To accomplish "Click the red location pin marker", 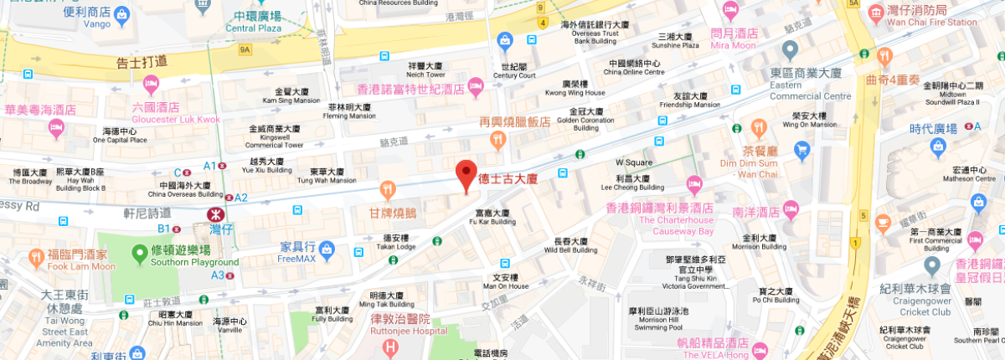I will [x=466, y=174].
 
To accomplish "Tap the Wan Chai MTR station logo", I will [x=214, y=214].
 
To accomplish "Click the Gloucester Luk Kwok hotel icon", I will [x=151, y=84].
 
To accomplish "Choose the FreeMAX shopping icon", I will [x=327, y=248].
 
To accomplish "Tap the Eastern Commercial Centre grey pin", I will [x=790, y=49].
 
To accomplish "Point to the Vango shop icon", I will [x=121, y=14].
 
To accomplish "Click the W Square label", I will [x=634, y=162].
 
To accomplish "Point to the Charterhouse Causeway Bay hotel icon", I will [x=693, y=184].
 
